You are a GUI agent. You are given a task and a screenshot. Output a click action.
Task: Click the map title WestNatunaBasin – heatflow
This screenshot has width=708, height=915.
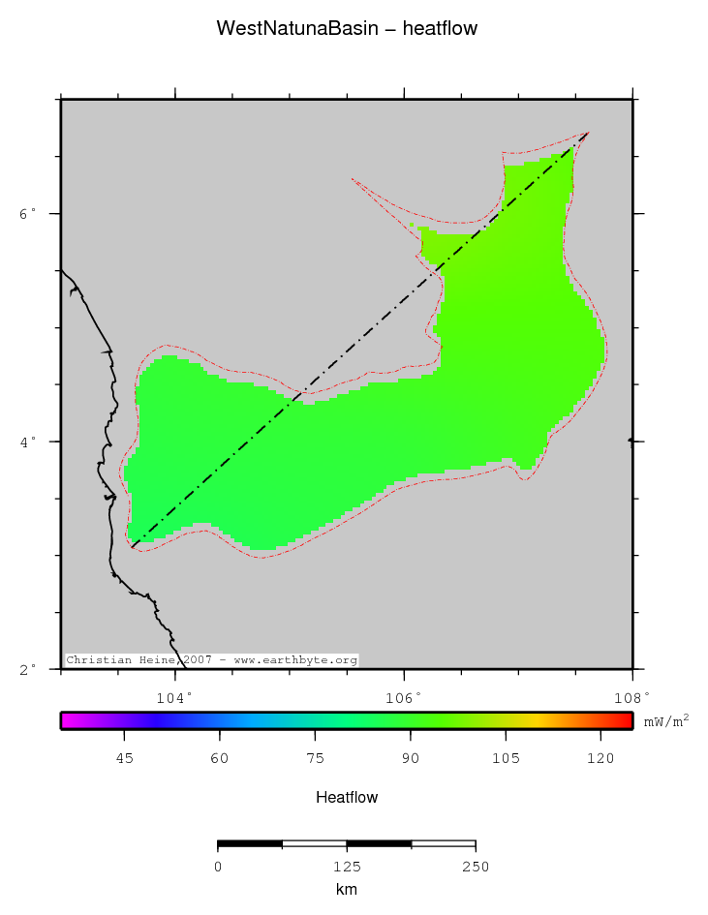click(347, 29)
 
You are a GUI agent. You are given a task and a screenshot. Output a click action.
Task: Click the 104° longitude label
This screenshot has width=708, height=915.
click(175, 695)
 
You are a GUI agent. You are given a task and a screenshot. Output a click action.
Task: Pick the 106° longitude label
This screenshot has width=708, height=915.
click(404, 695)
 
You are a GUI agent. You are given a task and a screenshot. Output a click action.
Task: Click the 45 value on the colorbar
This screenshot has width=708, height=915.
click(125, 759)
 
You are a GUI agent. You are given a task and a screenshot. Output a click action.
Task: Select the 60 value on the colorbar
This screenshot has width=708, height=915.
click(220, 759)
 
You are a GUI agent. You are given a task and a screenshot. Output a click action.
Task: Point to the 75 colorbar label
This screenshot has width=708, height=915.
click(316, 759)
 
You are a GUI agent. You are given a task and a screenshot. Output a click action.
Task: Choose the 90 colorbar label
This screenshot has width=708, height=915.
click(411, 759)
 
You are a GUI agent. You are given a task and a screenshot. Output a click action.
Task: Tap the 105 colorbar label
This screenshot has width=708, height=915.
click(506, 759)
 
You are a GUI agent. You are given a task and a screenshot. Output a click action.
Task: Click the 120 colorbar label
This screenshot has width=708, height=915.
click(600, 759)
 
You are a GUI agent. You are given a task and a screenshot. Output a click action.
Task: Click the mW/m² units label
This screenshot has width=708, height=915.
click(666, 720)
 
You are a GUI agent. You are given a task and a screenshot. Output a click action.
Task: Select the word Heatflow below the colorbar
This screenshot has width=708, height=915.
click(347, 798)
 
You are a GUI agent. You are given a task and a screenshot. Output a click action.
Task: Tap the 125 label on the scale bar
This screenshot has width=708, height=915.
click(347, 867)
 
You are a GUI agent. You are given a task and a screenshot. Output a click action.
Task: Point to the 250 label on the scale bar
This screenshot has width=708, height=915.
click(475, 867)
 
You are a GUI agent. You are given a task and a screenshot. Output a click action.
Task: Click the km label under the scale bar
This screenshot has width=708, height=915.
click(347, 889)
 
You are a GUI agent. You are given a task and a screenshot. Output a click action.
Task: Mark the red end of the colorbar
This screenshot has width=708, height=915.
click(625, 721)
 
